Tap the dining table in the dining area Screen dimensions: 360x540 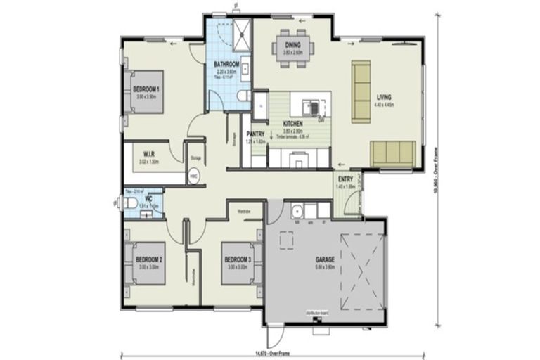292,52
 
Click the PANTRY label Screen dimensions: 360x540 255,134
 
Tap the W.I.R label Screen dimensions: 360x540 149,153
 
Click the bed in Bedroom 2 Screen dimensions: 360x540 146,262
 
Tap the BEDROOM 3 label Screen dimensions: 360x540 237,259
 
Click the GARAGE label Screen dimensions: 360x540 325,259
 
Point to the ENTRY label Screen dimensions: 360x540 345,179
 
